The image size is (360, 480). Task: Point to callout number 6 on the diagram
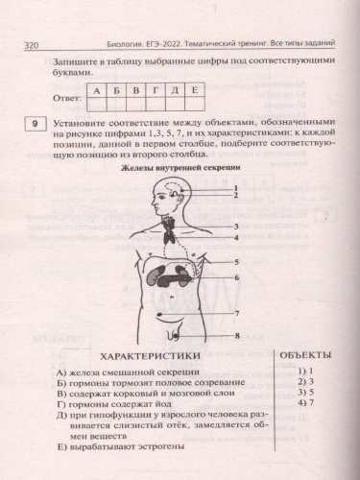coord(235,277)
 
